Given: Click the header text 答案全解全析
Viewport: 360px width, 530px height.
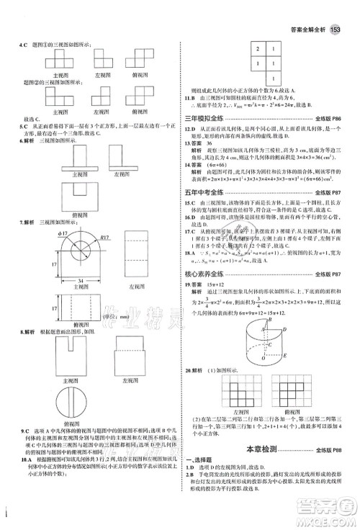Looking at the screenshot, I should click(301, 30).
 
